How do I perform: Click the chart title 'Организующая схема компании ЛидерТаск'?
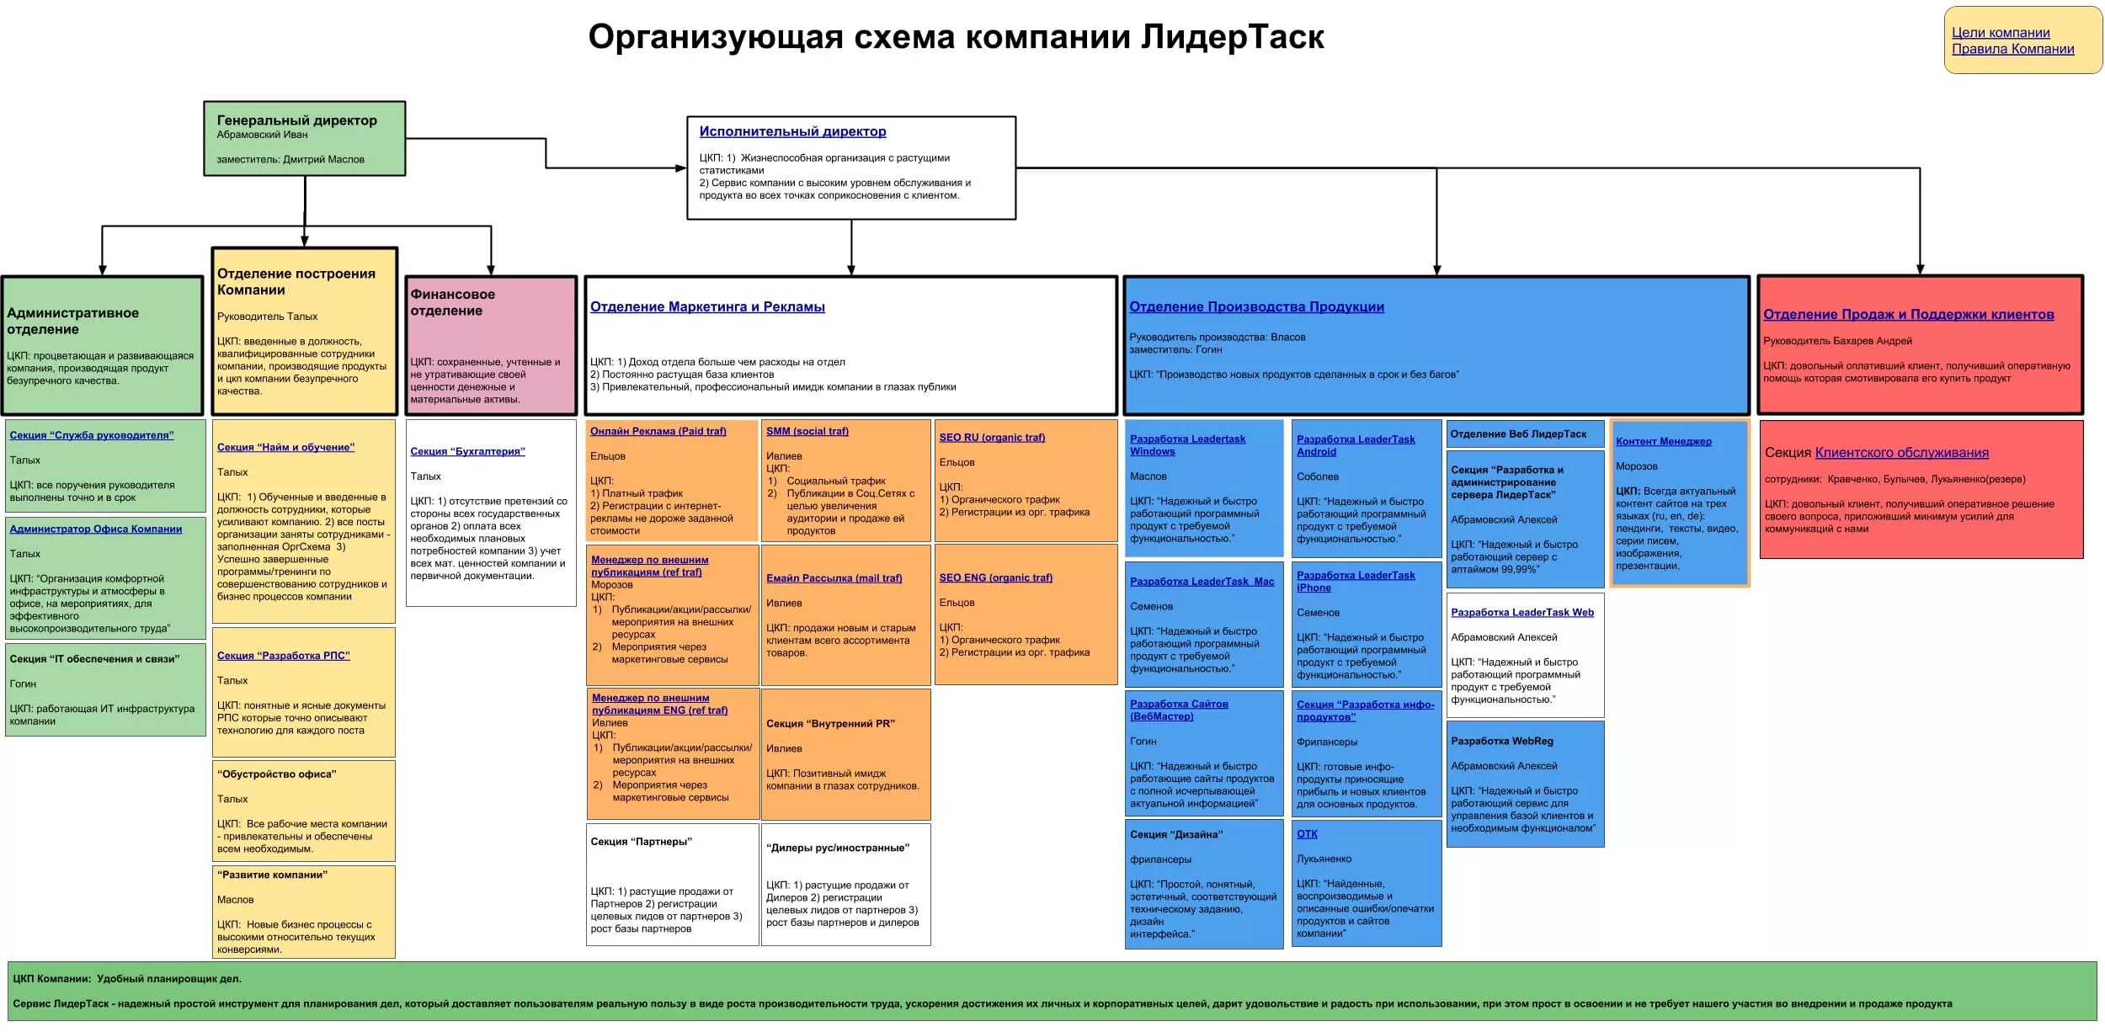click(x=956, y=38)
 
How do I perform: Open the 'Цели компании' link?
click(x=2001, y=33)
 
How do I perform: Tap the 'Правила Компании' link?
click(x=2012, y=49)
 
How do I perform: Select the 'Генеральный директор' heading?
click(x=296, y=120)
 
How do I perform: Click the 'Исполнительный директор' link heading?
click(x=792, y=131)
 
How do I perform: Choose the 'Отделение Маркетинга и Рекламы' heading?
click(x=707, y=307)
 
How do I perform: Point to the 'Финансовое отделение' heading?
click(x=452, y=302)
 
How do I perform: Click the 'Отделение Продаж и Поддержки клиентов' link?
click(x=1908, y=315)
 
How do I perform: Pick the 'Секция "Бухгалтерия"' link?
click(x=467, y=452)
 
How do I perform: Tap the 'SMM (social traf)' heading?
click(x=807, y=432)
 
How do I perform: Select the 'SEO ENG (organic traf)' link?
click(x=995, y=578)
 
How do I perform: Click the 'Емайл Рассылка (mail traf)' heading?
click(x=834, y=578)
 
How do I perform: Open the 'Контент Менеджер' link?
click(x=1663, y=442)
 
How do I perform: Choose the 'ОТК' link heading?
click(x=1307, y=834)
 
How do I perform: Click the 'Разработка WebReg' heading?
click(x=1501, y=742)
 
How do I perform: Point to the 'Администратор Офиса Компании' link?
click(x=96, y=529)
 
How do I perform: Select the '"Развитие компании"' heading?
click(x=272, y=875)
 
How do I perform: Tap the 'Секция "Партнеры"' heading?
click(x=641, y=842)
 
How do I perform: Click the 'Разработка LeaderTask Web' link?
click(x=1521, y=613)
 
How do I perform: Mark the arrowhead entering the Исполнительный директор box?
click(x=682, y=168)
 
